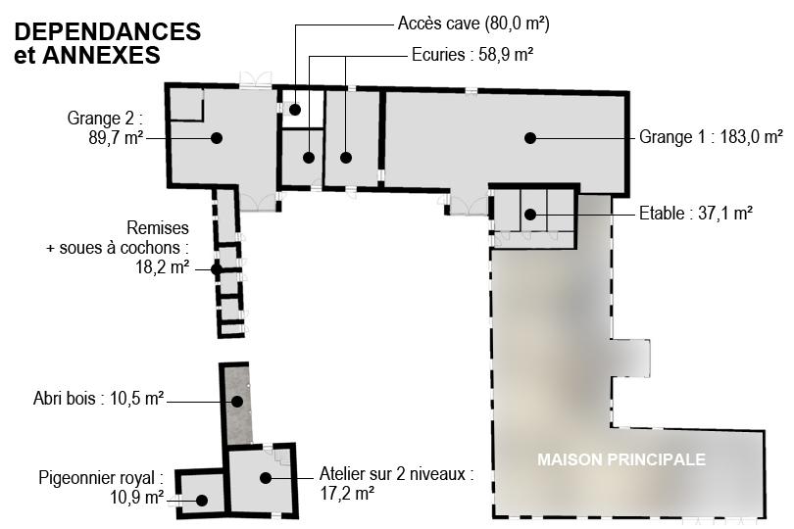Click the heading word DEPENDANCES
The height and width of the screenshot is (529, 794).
[x=108, y=31]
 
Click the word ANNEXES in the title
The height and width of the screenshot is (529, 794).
[x=101, y=55]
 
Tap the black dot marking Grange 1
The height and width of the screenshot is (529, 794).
[x=530, y=138]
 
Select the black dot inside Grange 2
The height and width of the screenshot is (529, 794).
[x=217, y=138]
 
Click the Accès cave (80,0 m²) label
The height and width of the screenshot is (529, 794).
[x=473, y=24]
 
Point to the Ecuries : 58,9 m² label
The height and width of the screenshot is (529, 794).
[x=472, y=54]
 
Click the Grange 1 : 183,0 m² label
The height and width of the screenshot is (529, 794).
[x=711, y=137]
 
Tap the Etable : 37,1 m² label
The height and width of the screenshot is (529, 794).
[x=696, y=214]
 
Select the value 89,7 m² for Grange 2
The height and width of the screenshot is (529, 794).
[x=116, y=138]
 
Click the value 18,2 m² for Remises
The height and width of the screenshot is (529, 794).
[x=162, y=266]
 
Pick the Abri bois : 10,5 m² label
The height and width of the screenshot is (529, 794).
[x=98, y=399]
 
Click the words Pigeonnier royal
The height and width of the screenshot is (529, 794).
[x=96, y=478]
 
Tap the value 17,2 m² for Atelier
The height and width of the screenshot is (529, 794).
[x=347, y=493]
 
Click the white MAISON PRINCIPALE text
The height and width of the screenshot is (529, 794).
[x=621, y=459]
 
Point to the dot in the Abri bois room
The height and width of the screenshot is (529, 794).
[x=237, y=402]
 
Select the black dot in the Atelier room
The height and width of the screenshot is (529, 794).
[x=266, y=477]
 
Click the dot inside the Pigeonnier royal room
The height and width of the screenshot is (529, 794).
[x=202, y=501]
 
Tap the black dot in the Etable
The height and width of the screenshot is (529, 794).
[x=530, y=215]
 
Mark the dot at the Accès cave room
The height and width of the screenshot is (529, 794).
[x=295, y=110]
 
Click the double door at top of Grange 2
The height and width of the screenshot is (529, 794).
[x=256, y=79]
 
